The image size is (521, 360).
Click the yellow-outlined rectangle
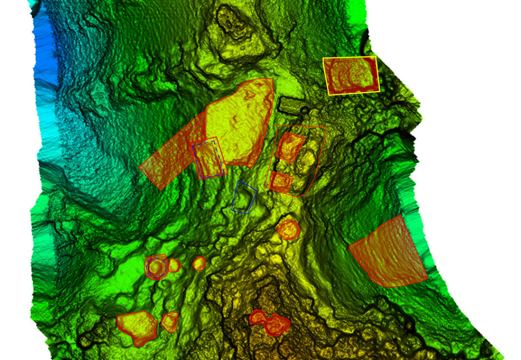352,75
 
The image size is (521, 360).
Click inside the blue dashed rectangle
209,159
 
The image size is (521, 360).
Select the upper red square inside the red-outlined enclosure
290,147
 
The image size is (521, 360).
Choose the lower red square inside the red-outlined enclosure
280,181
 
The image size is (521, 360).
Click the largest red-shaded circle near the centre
288,229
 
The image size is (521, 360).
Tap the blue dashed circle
156,267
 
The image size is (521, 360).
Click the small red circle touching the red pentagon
174,265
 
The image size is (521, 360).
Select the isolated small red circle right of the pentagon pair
199,263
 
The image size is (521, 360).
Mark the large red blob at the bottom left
136,327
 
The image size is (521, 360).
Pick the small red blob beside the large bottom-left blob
169,321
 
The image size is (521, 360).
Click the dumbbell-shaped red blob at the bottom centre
270,323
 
